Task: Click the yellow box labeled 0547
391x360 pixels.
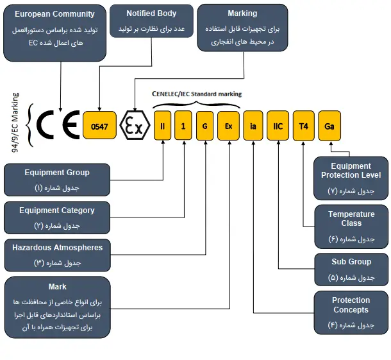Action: (99, 126)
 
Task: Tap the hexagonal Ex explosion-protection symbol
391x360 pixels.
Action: (135, 126)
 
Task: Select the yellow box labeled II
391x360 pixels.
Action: (163, 126)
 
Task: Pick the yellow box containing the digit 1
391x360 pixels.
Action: (183, 126)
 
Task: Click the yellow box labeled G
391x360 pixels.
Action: (204, 126)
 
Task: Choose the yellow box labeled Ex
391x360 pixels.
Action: (228, 126)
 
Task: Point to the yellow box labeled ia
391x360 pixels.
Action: (253, 126)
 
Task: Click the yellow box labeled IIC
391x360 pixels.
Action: (278, 126)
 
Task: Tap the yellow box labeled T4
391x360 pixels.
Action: (304, 126)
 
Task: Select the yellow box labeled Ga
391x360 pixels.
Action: (329, 126)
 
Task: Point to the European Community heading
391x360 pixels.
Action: (54, 13)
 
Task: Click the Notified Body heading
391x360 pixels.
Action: (151, 13)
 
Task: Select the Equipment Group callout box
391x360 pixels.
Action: (57, 180)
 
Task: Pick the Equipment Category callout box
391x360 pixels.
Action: (57, 218)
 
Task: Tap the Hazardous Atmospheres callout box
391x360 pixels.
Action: (57, 255)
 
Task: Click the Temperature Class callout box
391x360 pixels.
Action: (351, 225)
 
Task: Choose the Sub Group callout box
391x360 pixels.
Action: (351, 269)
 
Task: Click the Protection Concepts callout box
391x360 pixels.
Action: (351, 311)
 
